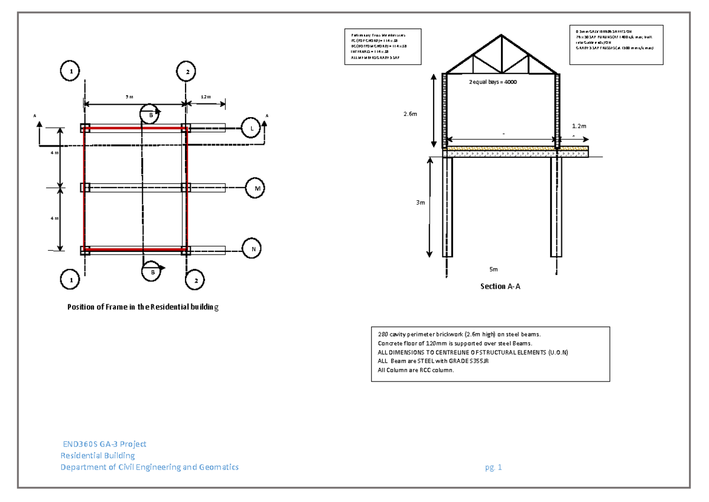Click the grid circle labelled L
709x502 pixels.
coord(251,127)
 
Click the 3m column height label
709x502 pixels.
coord(419,203)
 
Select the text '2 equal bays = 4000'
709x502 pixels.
coord(493,82)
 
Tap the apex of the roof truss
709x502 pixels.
coord(501,35)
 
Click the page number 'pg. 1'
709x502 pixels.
coord(493,468)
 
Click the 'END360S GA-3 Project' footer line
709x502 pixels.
coord(105,444)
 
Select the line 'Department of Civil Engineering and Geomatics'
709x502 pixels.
coord(150,467)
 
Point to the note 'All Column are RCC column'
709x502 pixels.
coord(416,370)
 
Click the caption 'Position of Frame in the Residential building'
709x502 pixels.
coord(142,307)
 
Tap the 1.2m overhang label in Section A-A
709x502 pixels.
coord(579,127)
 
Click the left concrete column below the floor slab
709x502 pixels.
coord(448,207)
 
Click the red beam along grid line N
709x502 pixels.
coord(135,250)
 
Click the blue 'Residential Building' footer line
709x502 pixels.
coord(98,456)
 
